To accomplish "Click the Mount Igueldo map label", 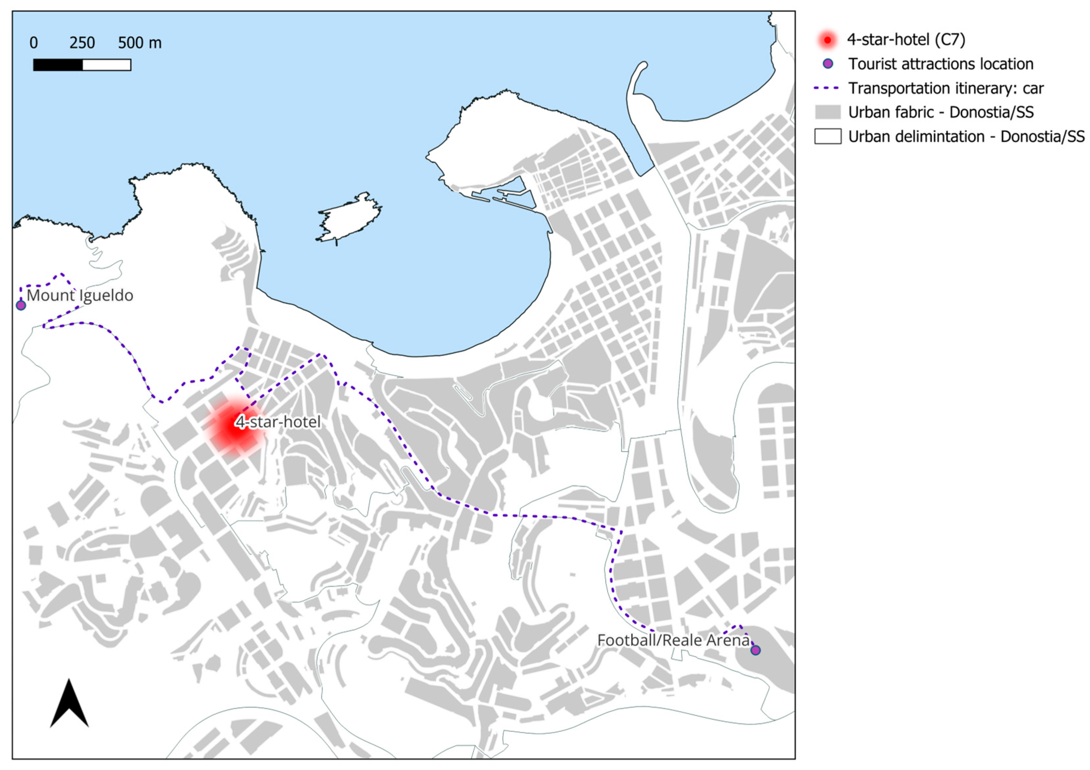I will [80, 296].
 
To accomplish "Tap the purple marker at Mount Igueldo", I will [21, 305].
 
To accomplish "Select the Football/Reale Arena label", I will [673, 641].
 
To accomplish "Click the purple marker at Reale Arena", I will [755, 650].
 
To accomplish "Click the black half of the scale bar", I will [58, 65].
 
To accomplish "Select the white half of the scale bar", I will [107, 65].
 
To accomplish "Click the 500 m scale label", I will [139, 43].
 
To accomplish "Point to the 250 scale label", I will [82, 43].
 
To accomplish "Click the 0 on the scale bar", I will [34, 43].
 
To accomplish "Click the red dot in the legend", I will [827, 40].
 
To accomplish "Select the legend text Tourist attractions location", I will [940, 64].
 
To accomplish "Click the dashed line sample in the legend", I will [827, 88].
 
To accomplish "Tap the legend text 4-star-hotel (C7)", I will [906, 40].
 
